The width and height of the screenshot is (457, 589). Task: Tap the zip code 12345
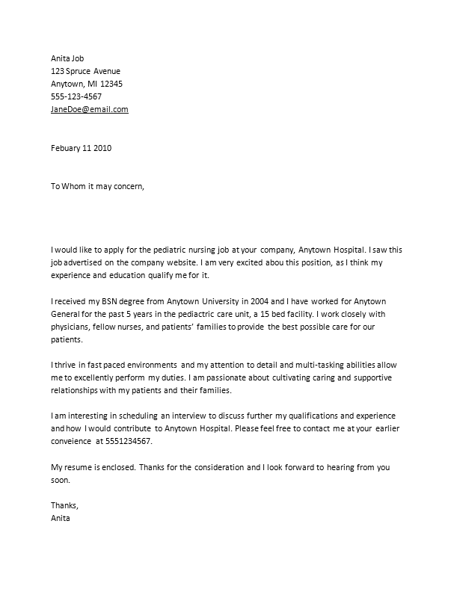tap(111, 84)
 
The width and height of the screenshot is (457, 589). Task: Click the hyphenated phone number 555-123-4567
tap(76, 96)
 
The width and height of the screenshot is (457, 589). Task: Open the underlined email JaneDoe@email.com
tap(89, 109)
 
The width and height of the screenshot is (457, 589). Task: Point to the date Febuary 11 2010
tap(82, 148)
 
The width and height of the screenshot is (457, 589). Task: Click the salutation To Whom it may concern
tap(96, 187)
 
